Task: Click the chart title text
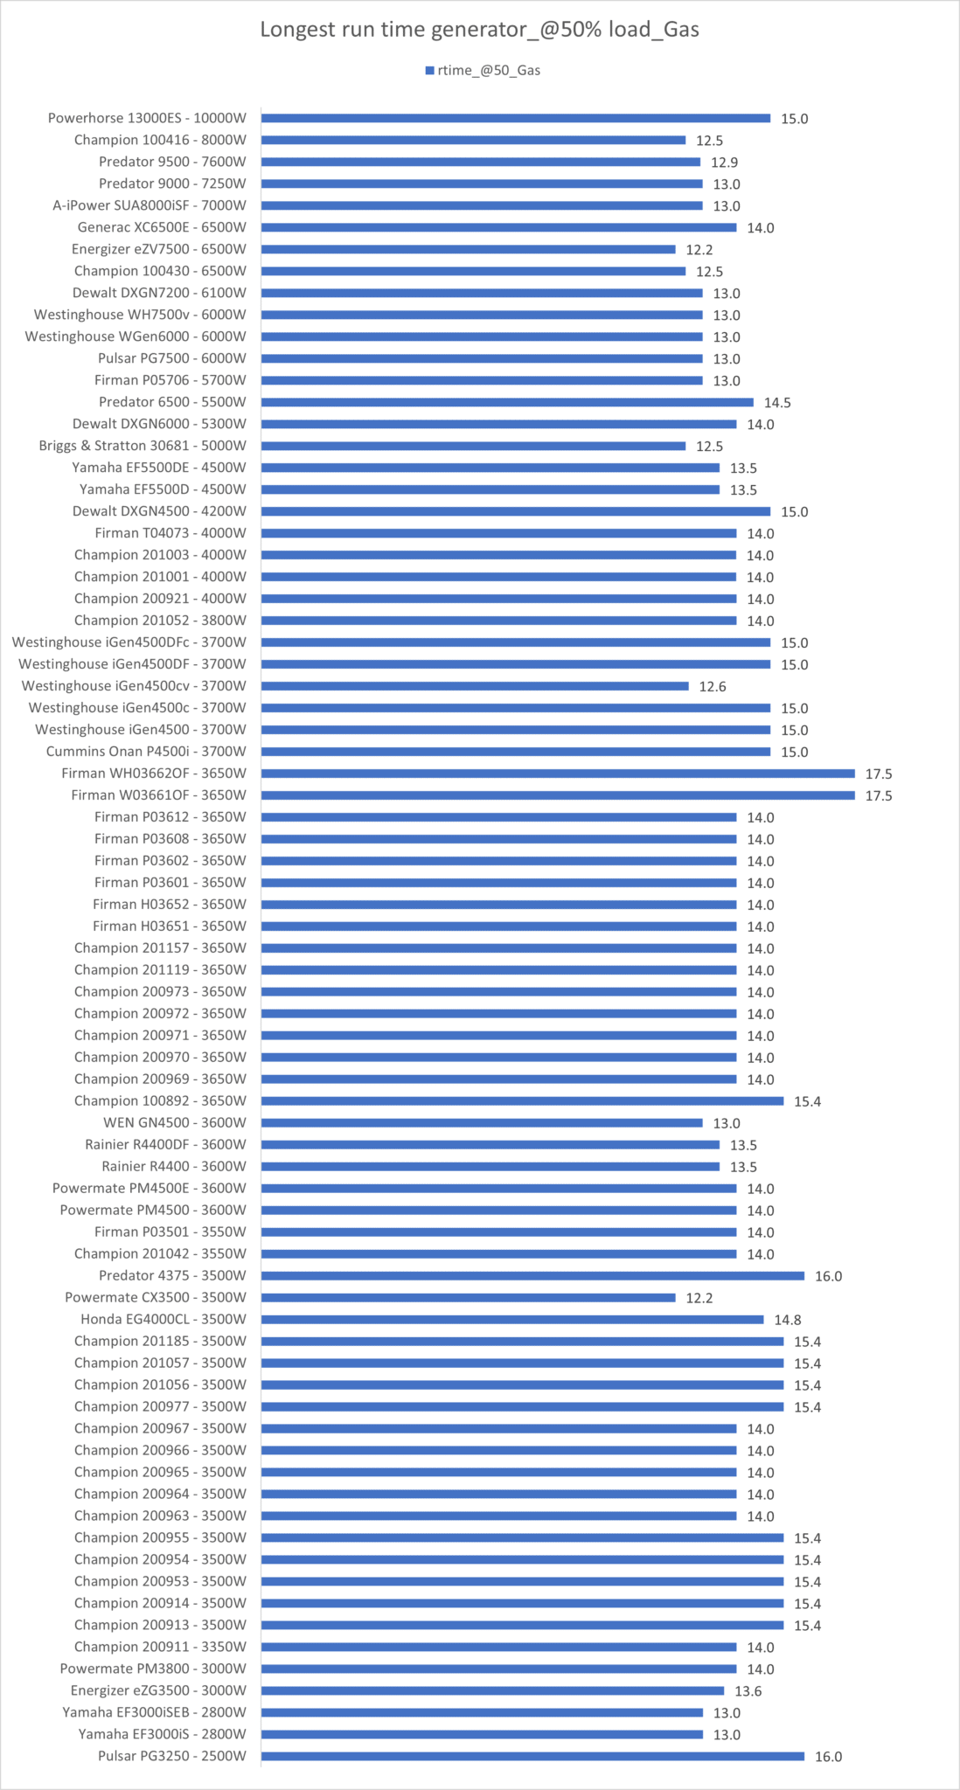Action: pos(479,30)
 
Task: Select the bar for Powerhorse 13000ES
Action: pos(516,118)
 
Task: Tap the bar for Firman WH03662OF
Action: pos(558,774)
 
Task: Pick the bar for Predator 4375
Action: pos(532,1276)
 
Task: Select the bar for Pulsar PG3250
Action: pos(532,1756)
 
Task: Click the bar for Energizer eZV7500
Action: pos(468,249)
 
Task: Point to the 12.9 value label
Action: pos(724,163)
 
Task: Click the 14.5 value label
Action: pos(777,403)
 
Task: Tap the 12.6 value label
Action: pos(713,687)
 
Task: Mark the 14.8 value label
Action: pos(788,1320)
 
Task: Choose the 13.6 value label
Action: pos(748,1691)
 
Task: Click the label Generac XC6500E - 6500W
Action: pos(162,227)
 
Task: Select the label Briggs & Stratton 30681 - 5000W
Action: pos(143,446)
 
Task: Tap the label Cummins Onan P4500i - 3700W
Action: pos(146,752)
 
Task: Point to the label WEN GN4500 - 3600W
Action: pos(175,1123)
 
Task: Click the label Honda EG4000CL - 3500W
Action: pos(163,1320)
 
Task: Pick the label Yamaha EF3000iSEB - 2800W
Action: pos(154,1713)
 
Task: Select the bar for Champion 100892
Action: pos(522,1101)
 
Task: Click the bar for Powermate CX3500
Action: pos(468,1298)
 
